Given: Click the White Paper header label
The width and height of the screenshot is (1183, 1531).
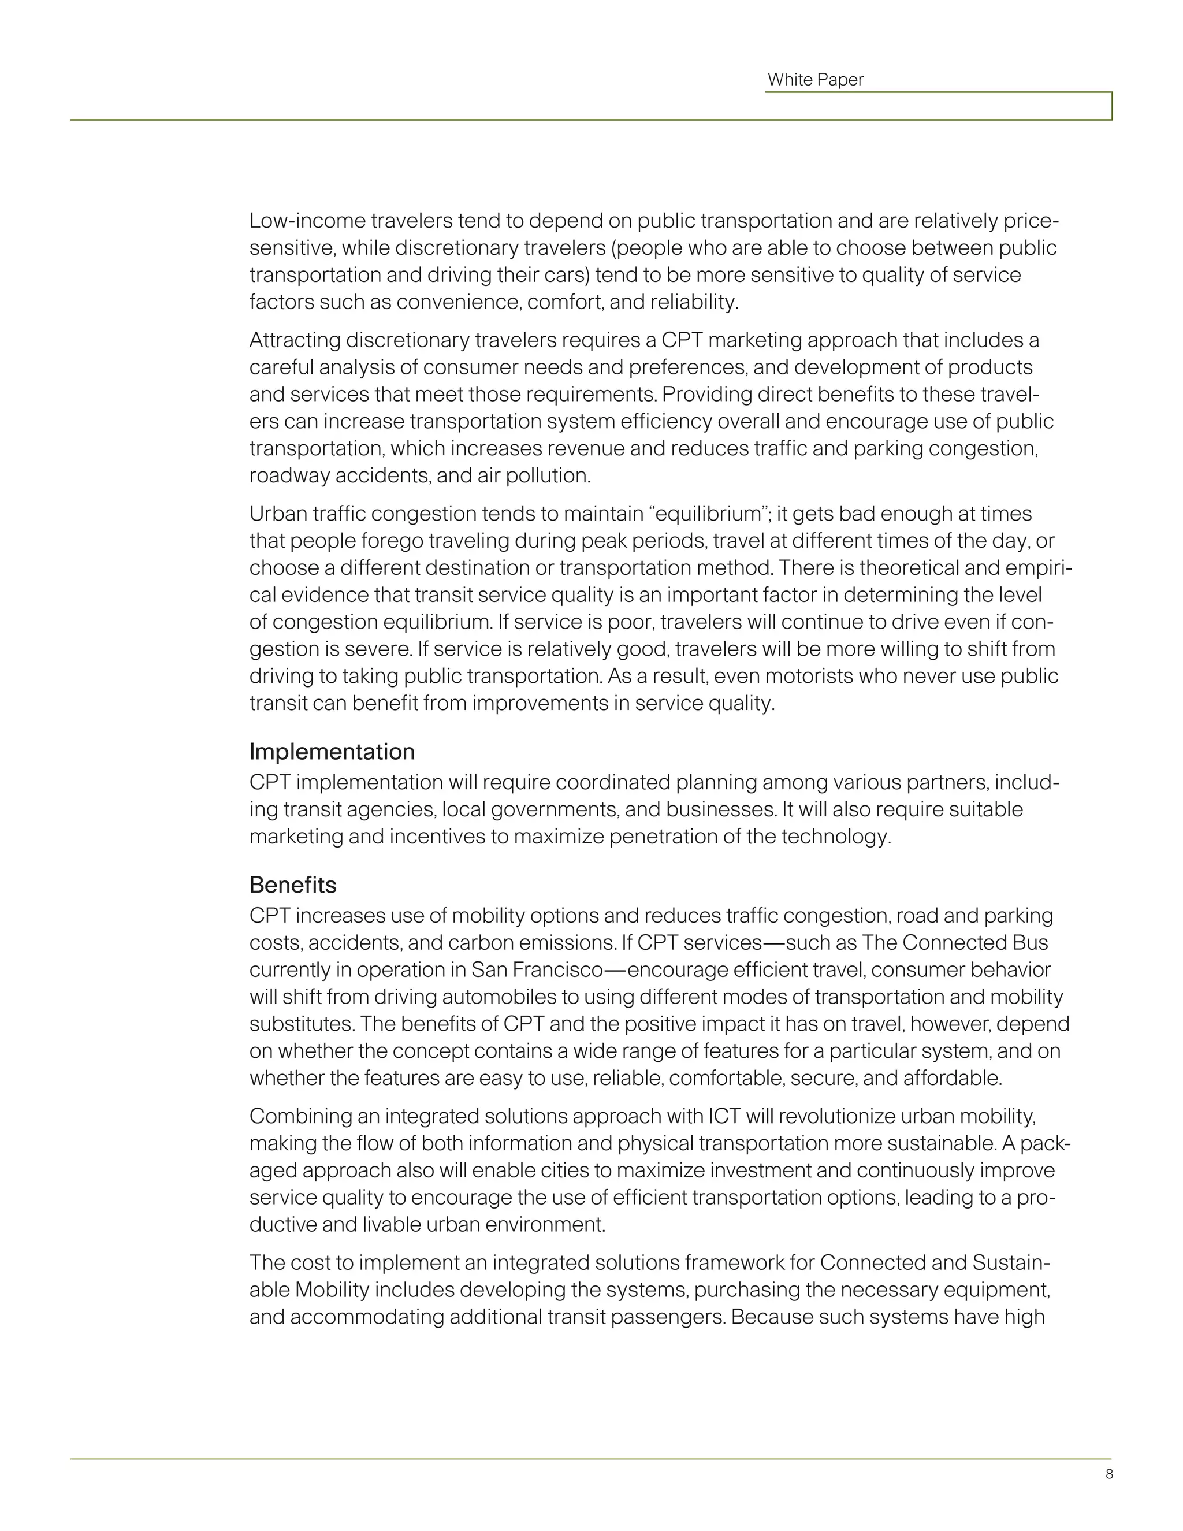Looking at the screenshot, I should point(815,80).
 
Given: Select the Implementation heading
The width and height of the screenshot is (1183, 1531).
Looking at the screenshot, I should point(332,752).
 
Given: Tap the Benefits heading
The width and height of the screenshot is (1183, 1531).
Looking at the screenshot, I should point(292,885).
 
